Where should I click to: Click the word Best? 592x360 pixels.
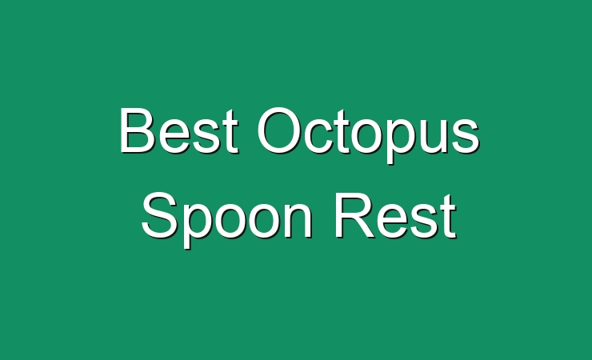(x=179, y=130)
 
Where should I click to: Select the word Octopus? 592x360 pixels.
(x=369, y=135)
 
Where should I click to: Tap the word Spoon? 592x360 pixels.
(x=227, y=220)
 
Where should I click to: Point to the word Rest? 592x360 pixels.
(x=395, y=215)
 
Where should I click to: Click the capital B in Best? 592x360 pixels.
(x=138, y=130)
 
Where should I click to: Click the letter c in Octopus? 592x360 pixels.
(x=320, y=136)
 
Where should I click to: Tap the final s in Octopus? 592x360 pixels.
(x=466, y=136)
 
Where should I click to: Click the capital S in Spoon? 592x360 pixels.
(x=159, y=214)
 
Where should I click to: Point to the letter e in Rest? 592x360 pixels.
(x=394, y=221)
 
